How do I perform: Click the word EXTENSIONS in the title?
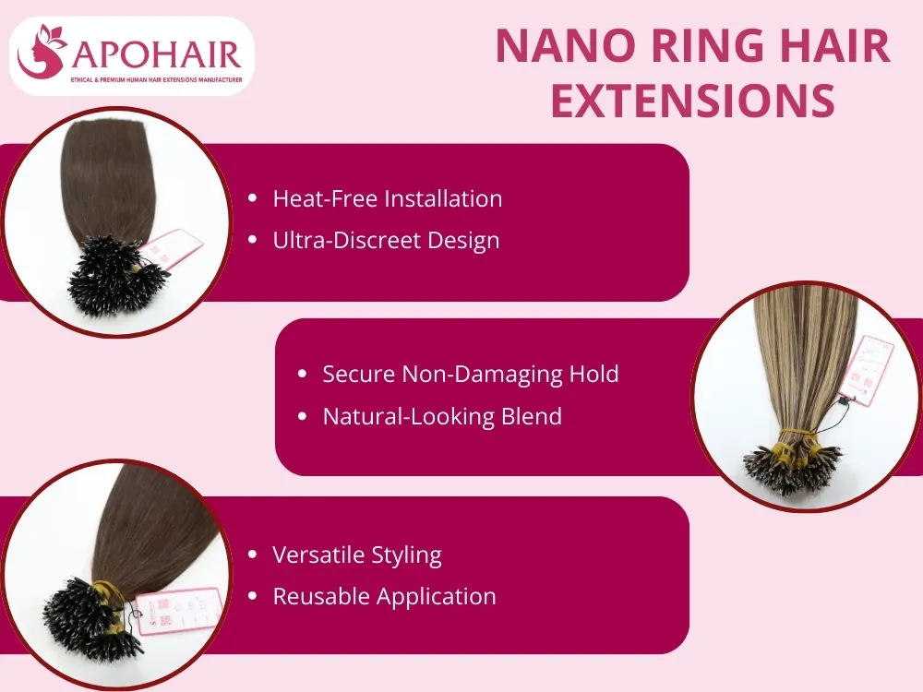point(692,101)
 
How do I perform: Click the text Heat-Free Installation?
point(388,198)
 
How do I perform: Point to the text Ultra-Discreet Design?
point(386,240)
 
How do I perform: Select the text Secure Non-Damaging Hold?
point(470,374)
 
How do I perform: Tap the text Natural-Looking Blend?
point(442,416)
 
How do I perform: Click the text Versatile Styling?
point(357,555)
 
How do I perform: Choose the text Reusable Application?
point(384,596)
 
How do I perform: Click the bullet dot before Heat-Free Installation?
point(253,198)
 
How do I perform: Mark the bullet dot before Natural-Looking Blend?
point(302,417)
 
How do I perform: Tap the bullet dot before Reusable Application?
point(253,597)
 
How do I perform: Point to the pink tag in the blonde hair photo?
point(869,369)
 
